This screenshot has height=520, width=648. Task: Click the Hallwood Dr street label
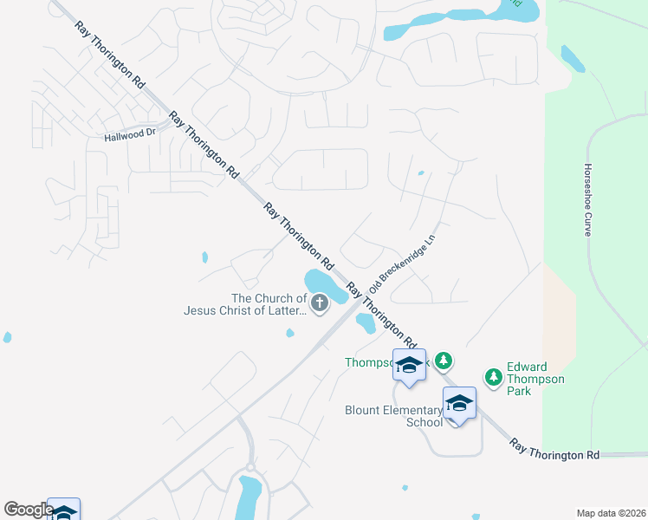click(129, 134)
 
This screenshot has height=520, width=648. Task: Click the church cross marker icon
click(320, 302)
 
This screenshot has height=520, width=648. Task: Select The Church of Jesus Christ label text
click(244, 304)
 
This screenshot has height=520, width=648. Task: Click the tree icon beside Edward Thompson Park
click(494, 377)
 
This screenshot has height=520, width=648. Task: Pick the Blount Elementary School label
click(393, 416)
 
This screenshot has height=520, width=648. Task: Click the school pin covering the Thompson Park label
click(409, 365)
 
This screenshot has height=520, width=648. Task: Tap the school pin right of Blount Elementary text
click(459, 403)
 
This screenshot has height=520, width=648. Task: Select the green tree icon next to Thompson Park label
click(444, 360)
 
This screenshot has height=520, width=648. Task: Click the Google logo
click(28, 510)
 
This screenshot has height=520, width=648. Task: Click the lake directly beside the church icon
click(324, 283)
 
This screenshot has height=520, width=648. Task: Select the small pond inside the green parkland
click(573, 58)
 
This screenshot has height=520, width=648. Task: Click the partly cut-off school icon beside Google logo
click(63, 510)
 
